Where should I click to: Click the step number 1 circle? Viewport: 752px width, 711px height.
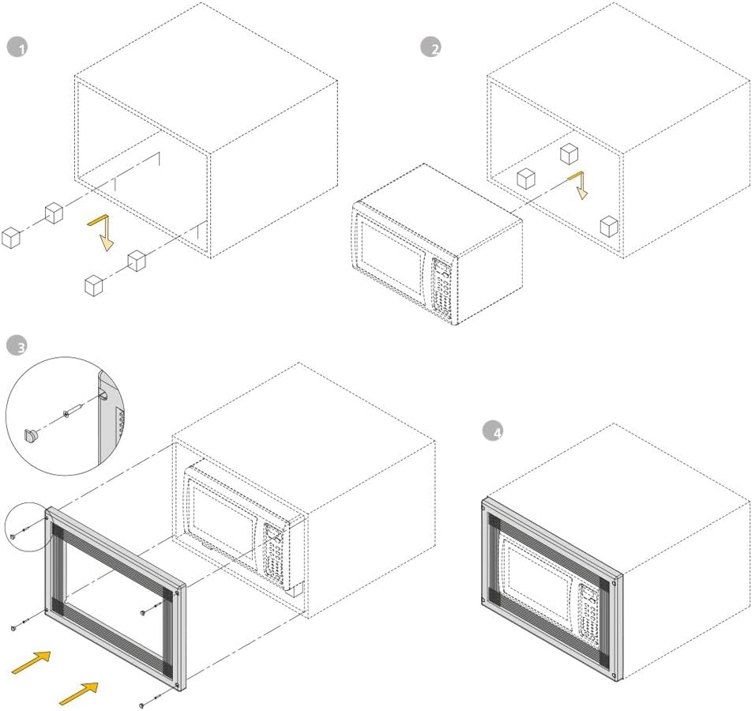click(x=17, y=47)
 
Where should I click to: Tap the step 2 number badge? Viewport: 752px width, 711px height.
click(x=431, y=47)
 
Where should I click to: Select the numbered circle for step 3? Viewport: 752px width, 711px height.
click(x=17, y=345)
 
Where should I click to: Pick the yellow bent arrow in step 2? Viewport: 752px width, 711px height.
click(x=579, y=185)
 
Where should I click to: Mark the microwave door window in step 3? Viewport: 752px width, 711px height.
click(x=224, y=525)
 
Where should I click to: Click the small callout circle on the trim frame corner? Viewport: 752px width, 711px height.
click(x=25, y=526)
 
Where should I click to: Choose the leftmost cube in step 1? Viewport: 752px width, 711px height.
click(x=10, y=237)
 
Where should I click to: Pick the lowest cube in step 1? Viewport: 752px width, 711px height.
click(x=95, y=285)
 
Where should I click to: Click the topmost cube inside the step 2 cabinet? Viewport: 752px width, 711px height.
click(x=570, y=153)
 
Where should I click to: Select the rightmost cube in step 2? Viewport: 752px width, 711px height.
click(x=608, y=226)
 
